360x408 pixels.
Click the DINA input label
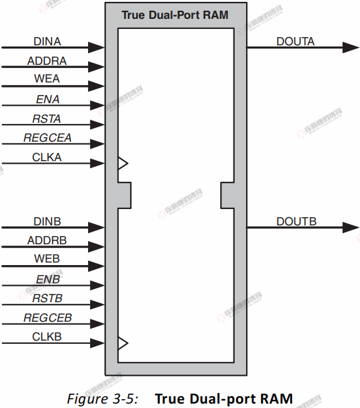coord(47,41)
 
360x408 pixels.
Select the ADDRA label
coord(47,61)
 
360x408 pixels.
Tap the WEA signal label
coord(47,80)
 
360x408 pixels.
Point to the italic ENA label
coord(47,99)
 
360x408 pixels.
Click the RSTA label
coord(47,119)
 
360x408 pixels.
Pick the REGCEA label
coord(47,139)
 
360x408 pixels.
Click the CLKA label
coord(47,157)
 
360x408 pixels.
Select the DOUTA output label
coord(295,42)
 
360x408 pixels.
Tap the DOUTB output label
coord(296,221)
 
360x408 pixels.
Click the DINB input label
coord(47,221)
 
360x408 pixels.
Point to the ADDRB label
coord(47,241)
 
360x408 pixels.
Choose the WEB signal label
coord(47,259)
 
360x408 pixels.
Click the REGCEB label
coord(47,318)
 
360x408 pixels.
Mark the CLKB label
coord(47,337)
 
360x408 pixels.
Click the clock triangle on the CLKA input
coord(123,163)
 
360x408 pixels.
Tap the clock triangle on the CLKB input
coord(123,343)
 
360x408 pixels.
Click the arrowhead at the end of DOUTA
coord(351,47)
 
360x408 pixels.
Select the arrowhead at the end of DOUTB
coord(351,227)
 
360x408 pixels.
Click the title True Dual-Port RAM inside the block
coord(175,15)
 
